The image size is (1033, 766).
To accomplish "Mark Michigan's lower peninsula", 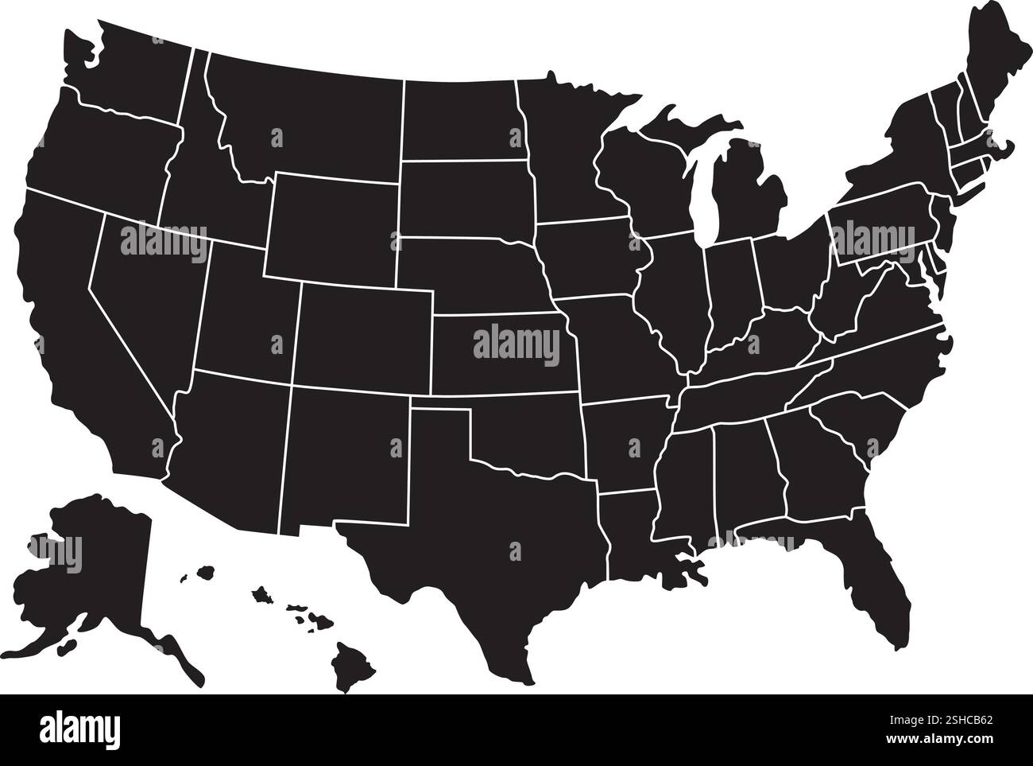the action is click(747, 191).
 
